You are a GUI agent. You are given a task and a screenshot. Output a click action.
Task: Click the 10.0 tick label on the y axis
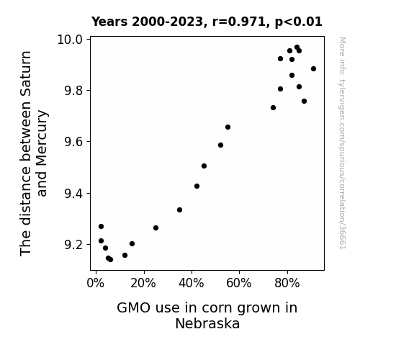(70, 40)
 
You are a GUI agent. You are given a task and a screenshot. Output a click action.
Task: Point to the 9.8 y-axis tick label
(73, 91)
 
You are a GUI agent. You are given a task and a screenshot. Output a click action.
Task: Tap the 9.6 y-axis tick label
(73, 142)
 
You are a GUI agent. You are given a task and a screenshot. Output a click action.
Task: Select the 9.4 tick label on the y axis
(73, 194)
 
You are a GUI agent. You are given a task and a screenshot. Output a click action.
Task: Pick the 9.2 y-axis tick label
(73, 245)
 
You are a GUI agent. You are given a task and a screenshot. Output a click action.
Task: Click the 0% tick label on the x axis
(96, 283)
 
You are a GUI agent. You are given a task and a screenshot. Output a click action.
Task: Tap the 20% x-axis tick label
(143, 283)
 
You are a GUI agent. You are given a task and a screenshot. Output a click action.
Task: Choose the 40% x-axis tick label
(191, 283)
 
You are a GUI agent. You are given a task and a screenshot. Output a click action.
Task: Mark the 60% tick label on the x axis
(239, 283)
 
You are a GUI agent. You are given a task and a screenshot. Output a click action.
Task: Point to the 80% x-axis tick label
(287, 283)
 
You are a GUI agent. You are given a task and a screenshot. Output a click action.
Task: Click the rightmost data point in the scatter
(313, 68)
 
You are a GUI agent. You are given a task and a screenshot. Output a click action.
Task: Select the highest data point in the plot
(297, 48)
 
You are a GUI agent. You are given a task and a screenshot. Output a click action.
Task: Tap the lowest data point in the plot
(110, 259)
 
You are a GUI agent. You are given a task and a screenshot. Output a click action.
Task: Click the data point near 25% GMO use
(156, 228)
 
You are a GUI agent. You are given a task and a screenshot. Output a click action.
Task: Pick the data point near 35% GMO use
(179, 210)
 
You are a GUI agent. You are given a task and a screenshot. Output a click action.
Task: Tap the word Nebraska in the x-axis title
(207, 323)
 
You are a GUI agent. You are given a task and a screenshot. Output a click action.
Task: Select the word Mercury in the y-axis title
(42, 153)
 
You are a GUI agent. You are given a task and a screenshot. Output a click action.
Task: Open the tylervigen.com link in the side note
(342, 143)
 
